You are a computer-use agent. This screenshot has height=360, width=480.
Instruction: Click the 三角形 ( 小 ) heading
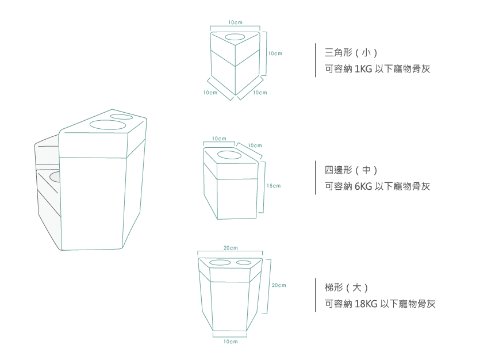point(351,53)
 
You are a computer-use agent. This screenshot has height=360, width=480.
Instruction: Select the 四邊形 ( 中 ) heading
point(351,170)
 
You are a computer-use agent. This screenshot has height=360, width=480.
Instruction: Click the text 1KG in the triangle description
point(363,69)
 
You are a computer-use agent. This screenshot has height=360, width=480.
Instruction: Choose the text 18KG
point(367,304)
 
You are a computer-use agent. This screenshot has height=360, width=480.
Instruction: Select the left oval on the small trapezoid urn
point(220,263)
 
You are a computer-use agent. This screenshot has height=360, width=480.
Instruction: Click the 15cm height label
point(274,186)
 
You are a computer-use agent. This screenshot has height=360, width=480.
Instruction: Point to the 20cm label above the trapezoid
point(230,247)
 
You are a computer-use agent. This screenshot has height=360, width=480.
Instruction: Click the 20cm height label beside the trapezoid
point(279,285)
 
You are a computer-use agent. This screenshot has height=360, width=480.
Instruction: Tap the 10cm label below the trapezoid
point(230,342)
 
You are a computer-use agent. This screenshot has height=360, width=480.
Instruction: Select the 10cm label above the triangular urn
point(235,22)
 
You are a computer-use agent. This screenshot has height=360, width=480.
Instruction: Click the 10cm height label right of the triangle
point(275,53)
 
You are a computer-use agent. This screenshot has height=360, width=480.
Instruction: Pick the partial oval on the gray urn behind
point(55,176)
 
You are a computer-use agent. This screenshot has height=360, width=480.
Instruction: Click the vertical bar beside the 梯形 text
point(316,295)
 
